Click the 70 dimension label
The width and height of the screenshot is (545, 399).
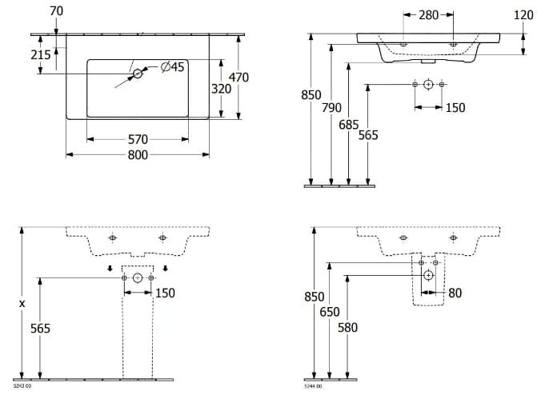pyautogui.click(x=55, y=11)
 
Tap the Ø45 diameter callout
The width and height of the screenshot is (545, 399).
pyautogui.click(x=172, y=67)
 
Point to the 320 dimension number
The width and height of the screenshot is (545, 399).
pyautogui.click(x=221, y=89)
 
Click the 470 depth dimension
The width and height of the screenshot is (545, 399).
pyautogui.click(x=238, y=78)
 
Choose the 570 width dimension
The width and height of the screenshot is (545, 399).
pyautogui.click(x=138, y=139)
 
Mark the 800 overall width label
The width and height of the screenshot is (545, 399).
pyautogui.click(x=138, y=155)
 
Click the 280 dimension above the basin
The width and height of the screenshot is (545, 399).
pyautogui.click(x=428, y=15)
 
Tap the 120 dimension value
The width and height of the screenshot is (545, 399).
pyautogui.click(x=523, y=15)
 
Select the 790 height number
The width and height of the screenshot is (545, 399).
pyautogui.click(x=332, y=108)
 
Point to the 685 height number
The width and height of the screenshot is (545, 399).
pyautogui.click(x=348, y=125)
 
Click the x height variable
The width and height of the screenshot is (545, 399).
pyautogui.click(x=22, y=303)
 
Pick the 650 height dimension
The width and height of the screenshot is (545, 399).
pyautogui.click(x=330, y=312)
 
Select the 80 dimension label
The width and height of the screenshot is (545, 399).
pyautogui.click(x=455, y=293)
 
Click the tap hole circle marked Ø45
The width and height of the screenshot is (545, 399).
pyautogui.click(x=137, y=74)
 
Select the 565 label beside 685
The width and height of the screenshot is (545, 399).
pyautogui.click(x=367, y=136)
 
